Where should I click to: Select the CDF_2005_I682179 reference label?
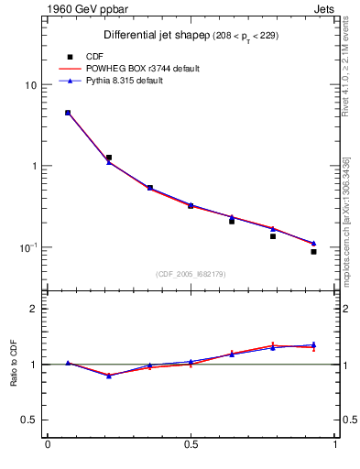click(x=190, y=273)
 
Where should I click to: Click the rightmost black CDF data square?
click(x=313, y=251)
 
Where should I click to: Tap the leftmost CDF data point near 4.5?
click(x=68, y=113)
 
